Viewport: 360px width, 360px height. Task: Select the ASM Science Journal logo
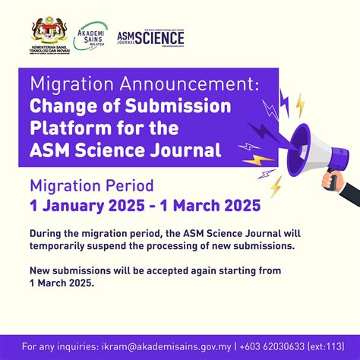pyautogui.click(x=150, y=36)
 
